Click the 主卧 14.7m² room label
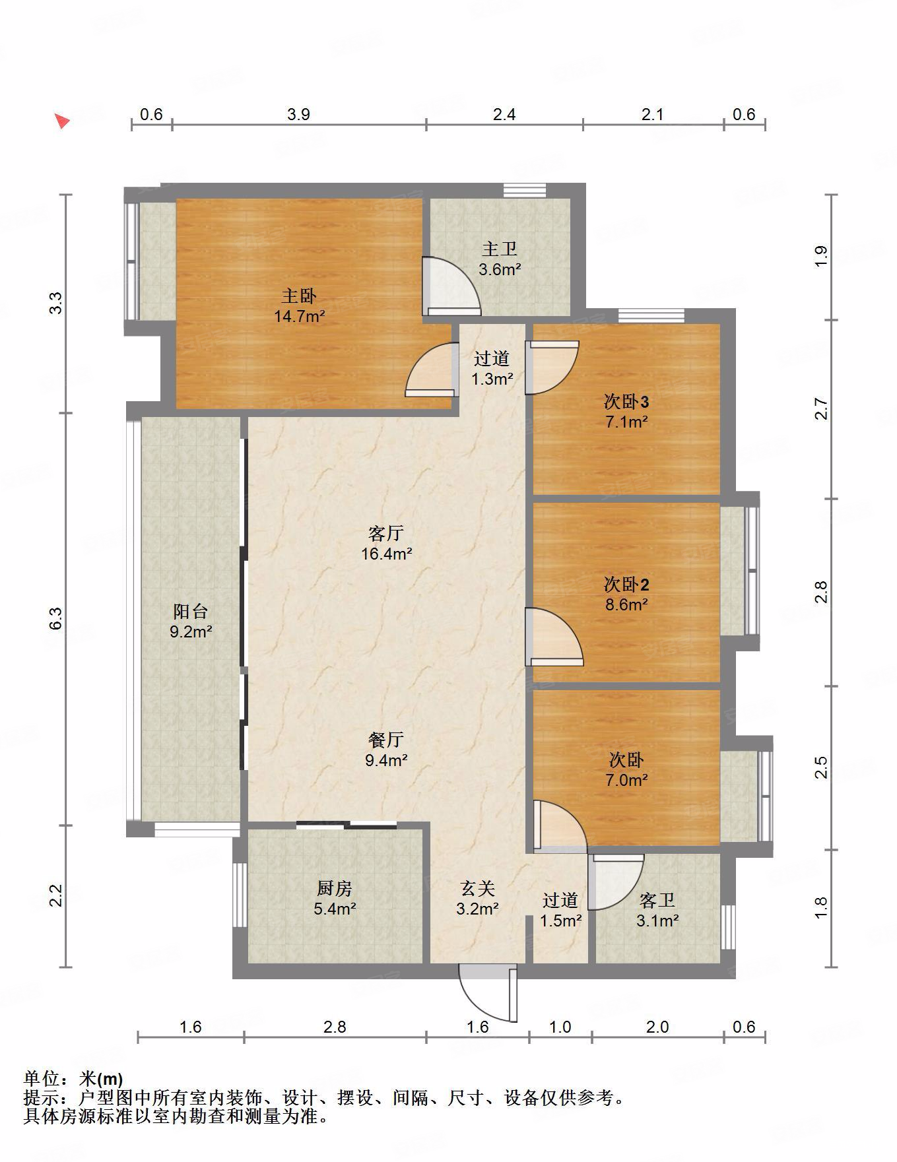pyautogui.click(x=299, y=306)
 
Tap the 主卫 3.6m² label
pyautogui.click(x=499, y=259)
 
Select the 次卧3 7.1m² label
pyautogui.click(x=626, y=411)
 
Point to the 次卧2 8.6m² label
pyautogui.click(x=626, y=594)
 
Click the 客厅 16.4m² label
pyautogui.click(x=386, y=543)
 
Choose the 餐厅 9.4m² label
pyautogui.click(x=386, y=750)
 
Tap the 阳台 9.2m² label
pyautogui.click(x=191, y=622)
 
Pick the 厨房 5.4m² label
pyautogui.click(x=335, y=899)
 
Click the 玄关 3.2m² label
pyautogui.click(x=477, y=899)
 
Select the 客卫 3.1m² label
pyautogui.click(x=657, y=910)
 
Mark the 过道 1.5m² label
pyautogui.click(x=560, y=910)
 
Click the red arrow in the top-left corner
pyautogui.click(x=62, y=121)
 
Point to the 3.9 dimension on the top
pyautogui.click(x=298, y=114)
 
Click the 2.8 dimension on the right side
pyautogui.click(x=820, y=592)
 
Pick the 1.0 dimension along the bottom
pyautogui.click(x=560, y=1027)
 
